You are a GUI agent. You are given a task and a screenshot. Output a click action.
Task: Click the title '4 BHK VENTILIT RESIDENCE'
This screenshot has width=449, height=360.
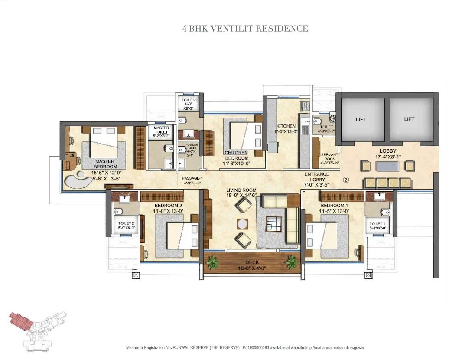[x=245, y=29]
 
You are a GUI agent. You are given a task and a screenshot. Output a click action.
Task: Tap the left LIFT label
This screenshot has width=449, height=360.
[x=361, y=119]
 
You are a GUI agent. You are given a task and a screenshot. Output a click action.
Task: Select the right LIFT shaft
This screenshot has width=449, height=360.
[x=409, y=119]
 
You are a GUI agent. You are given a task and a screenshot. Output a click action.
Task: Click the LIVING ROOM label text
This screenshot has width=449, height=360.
[x=241, y=190]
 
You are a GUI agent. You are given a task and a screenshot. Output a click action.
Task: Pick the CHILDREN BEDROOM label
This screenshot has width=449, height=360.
[x=236, y=155]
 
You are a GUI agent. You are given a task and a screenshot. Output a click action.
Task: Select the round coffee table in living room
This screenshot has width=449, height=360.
[x=243, y=224]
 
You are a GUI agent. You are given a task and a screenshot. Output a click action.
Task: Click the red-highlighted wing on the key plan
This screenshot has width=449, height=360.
[x=21, y=321]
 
